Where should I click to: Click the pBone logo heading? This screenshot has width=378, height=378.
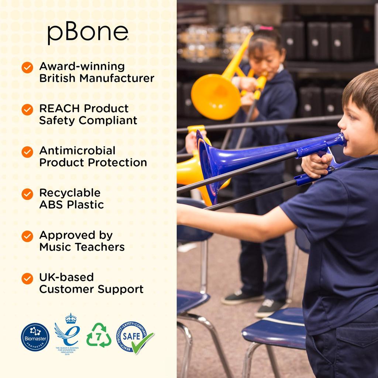(87, 33)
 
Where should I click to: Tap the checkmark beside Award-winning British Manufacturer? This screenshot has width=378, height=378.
(27, 68)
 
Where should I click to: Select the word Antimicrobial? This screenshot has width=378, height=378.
(77, 151)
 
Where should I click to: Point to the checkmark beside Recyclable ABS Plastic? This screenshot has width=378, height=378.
(27, 194)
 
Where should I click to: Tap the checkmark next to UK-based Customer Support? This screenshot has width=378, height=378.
(27, 278)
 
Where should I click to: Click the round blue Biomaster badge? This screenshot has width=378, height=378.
(35, 337)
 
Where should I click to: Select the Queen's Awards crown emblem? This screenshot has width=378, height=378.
(71, 318)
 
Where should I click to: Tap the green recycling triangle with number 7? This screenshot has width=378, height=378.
(99, 335)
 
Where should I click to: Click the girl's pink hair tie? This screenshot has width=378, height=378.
(266, 28)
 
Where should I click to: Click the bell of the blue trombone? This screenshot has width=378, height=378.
(209, 166)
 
